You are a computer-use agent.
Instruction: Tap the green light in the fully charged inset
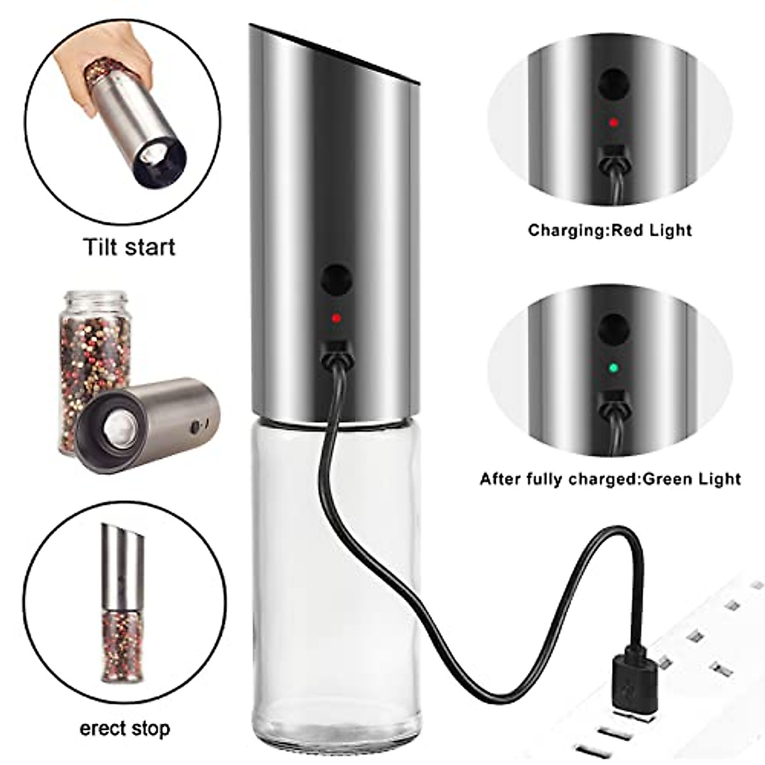613,368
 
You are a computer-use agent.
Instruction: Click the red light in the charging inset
613,122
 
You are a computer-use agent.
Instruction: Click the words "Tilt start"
129,246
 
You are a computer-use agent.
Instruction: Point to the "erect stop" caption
125,729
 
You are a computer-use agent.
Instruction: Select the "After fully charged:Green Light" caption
610,478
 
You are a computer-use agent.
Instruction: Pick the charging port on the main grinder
336,349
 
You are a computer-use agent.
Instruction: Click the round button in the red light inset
613,82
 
